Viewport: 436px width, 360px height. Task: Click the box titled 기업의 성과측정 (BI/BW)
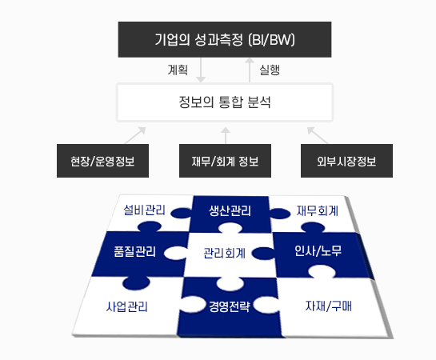pos(225,39)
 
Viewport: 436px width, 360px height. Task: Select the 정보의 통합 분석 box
pos(225,102)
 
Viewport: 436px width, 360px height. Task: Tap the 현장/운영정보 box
pos(102,161)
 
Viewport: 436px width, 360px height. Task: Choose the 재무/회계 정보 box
pos(225,161)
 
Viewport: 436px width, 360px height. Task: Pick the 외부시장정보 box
pos(346,161)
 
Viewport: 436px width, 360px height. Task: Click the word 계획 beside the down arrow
pos(178,70)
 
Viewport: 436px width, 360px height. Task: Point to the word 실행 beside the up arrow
pos(270,70)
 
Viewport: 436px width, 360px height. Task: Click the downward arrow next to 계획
pos(201,70)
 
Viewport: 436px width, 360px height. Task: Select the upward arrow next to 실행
pos(250,70)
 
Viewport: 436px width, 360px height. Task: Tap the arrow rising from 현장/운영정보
pos(135,135)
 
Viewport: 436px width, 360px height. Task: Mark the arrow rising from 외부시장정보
pos(318,135)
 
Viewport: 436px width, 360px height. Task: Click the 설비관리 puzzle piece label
pos(144,210)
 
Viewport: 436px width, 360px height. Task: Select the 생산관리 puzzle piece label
pos(230,210)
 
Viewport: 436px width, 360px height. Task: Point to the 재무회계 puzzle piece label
pos(318,210)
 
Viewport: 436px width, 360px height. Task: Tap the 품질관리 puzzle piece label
pos(135,251)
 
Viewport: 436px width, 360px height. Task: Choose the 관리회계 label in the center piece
pos(224,253)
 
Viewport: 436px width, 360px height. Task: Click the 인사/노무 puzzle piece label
pos(318,250)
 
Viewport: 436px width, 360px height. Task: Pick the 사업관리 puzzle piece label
pos(126,306)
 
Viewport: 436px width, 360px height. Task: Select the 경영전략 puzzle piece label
pos(230,306)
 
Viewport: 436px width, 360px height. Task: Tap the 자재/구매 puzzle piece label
pos(328,306)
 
